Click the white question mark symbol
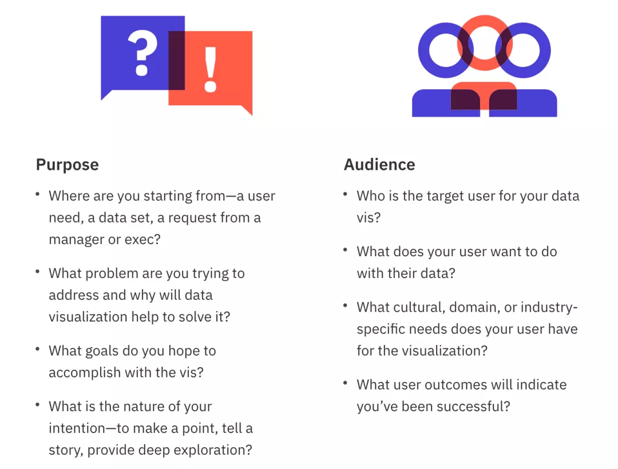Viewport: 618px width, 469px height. (142, 53)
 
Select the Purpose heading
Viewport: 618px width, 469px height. (68, 165)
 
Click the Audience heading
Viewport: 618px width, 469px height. (379, 164)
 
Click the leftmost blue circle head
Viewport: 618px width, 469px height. (423, 50)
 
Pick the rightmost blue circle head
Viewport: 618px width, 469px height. (545, 50)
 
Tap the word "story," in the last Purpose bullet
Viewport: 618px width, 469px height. (66, 450)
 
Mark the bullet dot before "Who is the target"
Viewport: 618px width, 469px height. (345, 194)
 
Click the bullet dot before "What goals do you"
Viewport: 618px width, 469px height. (37, 348)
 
